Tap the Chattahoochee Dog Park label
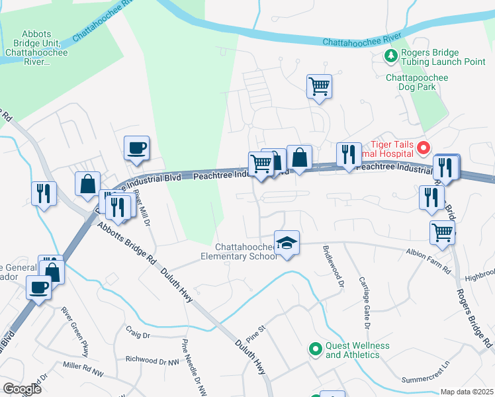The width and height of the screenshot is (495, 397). [417, 77]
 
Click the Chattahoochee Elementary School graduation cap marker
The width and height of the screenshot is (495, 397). [287, 243]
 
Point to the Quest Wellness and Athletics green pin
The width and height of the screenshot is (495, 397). [316, 346]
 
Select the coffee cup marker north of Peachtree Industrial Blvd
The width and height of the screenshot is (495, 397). [137, 149]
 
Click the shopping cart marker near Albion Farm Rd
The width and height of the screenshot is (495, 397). [442, 232]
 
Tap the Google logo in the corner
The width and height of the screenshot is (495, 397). [22, 388]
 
